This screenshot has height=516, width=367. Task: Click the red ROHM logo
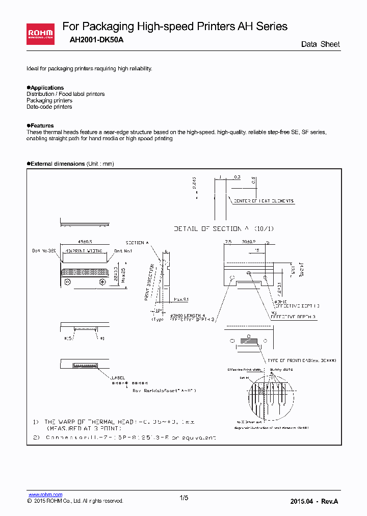click(x=40, y=34)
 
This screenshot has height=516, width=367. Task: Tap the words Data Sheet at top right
click(x=320, y=44)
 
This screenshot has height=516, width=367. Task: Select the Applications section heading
click(x=47, y=88)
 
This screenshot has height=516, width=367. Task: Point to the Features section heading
click(x=42, y=125)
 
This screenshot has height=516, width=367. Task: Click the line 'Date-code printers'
click(x=49, y=107)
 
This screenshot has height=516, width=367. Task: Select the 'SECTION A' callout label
click(x=137, y=243)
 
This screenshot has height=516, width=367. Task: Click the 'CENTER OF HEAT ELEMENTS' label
click(x=264, y=201)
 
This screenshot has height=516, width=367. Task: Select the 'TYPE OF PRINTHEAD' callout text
click(x=301, y=360)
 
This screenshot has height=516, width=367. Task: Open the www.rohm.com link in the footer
click(x=45, y=495)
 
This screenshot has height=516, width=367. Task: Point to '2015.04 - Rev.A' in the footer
click(x=314, y=501)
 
